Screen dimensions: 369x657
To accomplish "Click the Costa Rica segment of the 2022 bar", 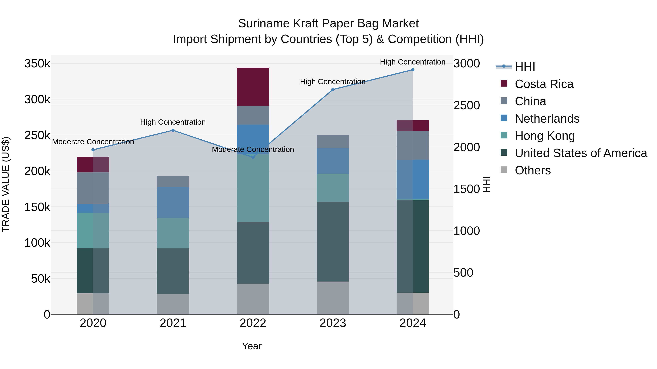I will click(x=253, y=87).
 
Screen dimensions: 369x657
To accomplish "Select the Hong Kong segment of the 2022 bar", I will click(x=253, y=188).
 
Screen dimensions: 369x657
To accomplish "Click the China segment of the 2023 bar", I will click(x=333, y=142).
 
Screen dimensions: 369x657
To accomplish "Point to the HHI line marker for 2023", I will click(x=333, y=90).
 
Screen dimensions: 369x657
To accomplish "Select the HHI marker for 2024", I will click(x=413, y=70).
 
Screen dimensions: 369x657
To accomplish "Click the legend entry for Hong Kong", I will click(x=545, y=136).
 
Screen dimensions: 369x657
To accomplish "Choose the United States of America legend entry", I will click(x=581, y=153).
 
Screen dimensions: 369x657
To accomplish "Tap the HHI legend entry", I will click(x=525, y=67).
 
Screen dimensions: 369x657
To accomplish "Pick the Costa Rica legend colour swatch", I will click(x=504, y=83).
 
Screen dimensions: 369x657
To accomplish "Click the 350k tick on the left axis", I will click(x=37, y=63).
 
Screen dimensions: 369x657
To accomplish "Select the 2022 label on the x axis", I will click(x=253, y=323).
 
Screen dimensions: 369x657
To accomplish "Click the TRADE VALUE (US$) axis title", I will click(x=6, y=184).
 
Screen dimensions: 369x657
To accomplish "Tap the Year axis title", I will click(x=252, y=346).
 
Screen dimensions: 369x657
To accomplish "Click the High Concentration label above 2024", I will click(x=412, y=62).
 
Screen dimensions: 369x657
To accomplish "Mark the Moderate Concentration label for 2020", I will click(x=93, y=142).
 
